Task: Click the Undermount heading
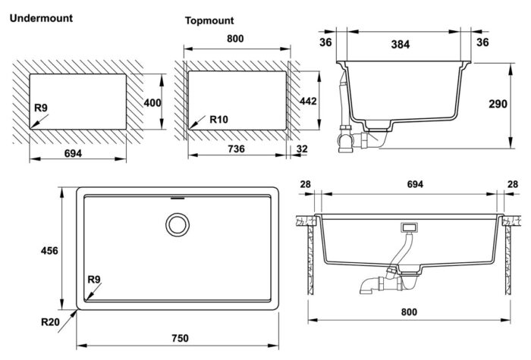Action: tap(40, 17)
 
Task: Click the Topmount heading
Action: tap(209, 20)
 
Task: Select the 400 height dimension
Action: tap(153, 103)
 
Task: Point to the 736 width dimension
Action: tap(236, 150)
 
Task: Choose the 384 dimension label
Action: tap(399, 44)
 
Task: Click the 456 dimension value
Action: tap(48, 250)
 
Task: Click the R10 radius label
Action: tap(219, 120)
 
